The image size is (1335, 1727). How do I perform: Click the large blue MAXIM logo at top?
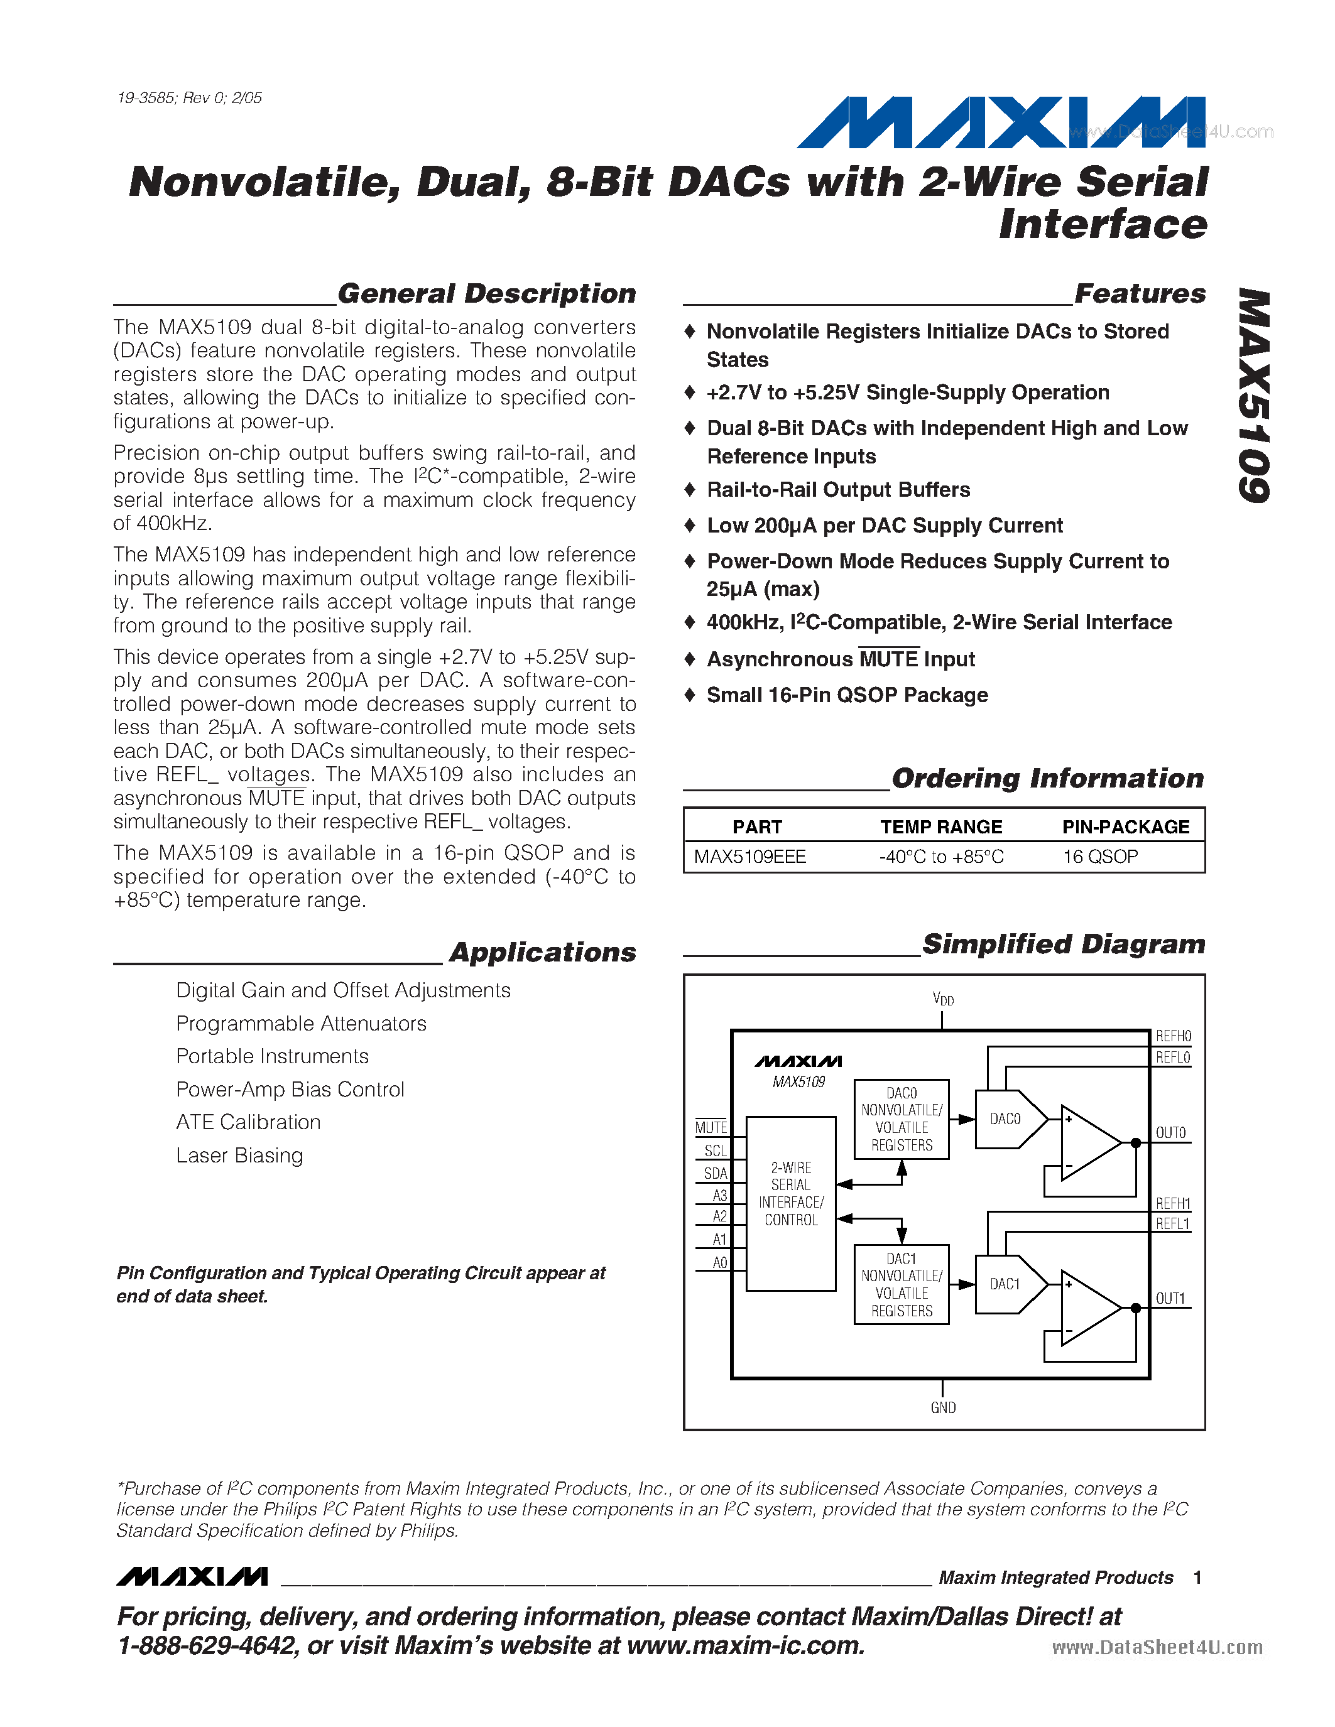(x=1000, y=122)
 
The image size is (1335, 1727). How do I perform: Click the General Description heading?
(x=486, y=293)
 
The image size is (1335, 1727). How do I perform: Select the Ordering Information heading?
(x=1047, y=778)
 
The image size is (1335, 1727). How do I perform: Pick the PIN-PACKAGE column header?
(x=1125, y=826)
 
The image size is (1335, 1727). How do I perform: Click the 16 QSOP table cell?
(x=1100, y=857)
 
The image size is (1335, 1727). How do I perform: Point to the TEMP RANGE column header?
(x=941, y=826)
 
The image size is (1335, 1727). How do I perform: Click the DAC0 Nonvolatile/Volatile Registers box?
(x=902, y=1119)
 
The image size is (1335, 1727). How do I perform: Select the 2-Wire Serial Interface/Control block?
(x=791, y=1194)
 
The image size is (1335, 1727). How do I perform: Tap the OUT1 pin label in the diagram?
(x=1170, y=1299)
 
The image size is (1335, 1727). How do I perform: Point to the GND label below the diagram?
(x=943, y=1407)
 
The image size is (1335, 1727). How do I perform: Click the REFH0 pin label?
(x=1173, y=1036)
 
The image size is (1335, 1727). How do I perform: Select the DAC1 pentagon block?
(x=1008, y=1284)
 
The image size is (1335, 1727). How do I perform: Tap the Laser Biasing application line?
(x=239, y=1156)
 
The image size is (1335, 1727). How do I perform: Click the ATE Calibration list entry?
(x=248, y=1122)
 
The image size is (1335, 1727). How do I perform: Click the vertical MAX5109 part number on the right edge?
(x=1255, y=396)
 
